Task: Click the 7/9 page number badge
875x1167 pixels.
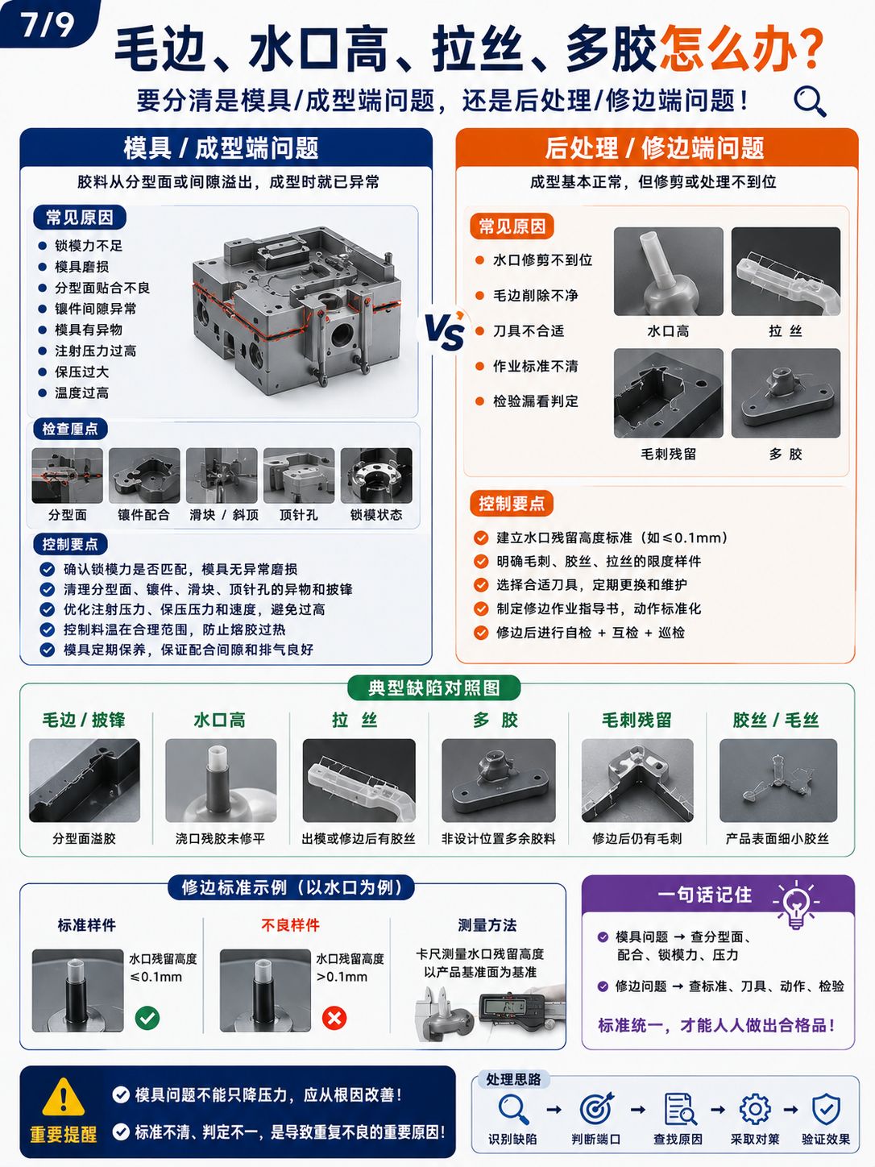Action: [x=47, y=24]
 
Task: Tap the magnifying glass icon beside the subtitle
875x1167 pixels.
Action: [x=810, y=102]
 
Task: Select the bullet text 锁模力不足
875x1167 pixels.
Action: [x=89, y=246]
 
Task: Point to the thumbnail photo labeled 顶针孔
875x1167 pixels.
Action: [x=299, y=476]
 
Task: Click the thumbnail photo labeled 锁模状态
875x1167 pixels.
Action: [x=376, y=476]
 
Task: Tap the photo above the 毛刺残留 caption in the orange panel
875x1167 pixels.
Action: [x=669, y=393]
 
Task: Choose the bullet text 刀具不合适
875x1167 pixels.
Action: [x=529, y=331]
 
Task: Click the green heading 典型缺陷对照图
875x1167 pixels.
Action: [x=434, y=688]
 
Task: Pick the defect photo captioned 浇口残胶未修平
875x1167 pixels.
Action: [x=221, y=780]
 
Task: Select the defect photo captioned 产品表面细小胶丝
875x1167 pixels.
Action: [x=778, y=780]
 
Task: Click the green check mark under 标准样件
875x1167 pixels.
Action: [x=147, y=1018]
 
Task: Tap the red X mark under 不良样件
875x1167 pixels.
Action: [x=334, y=1018]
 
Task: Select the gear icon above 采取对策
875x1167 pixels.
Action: [x=754, y=1109]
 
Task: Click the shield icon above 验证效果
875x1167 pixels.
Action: [x=826, y=1109]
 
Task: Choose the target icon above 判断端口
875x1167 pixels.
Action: [x=596, y=1109]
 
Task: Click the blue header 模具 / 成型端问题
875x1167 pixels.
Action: [x=221, y=147]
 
